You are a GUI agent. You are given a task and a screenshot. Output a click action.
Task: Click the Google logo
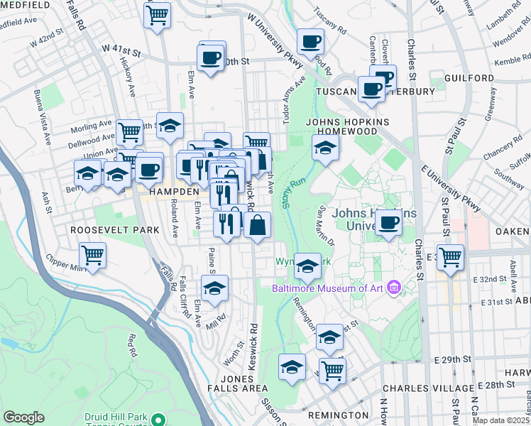pos(23,417)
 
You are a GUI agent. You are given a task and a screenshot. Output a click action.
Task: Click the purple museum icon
pos(394,288)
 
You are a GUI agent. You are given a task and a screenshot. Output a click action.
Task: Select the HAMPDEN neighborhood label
pos(173,192)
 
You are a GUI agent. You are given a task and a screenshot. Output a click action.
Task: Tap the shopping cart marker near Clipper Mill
pos(93,256)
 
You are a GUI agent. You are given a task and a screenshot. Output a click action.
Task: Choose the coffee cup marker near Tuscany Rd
pos(310,42)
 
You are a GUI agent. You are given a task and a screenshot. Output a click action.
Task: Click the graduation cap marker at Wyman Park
pos(307,266)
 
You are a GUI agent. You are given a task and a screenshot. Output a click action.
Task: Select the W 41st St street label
pos(122,50)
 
